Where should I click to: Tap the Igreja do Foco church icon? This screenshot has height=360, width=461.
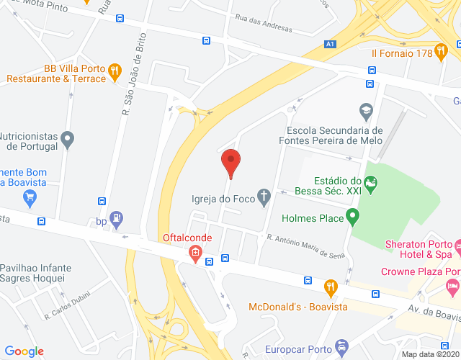pyautogui.click(x=264, y=195)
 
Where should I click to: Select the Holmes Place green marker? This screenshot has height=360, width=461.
pyautogui.click(x=352, y=215)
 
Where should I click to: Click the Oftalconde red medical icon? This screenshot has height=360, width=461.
pyautogui.click(x=194, y=253)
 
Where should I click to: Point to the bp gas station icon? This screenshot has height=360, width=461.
pyautogui.click(x=117, y=218)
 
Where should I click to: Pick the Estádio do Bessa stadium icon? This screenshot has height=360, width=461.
pyautogui.click(x=370, y=184)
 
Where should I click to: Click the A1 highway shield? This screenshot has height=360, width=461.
pyautogui.click(x=330, y=45)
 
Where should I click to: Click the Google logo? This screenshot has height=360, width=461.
pyautogui.click(x=24, y=351)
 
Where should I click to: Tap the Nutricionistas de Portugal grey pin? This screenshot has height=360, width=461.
pyautogui.click(x=68, y=138)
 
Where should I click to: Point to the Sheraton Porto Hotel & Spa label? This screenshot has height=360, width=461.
pyautogui.click(x=422, y=248)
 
